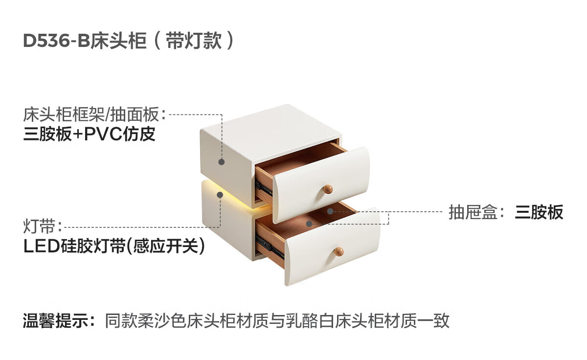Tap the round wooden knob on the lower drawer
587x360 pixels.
point(339,251)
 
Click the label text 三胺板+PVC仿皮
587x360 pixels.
point(90,134)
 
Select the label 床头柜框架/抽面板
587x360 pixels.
point(91,115)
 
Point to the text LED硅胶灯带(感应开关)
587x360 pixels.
point(114,246)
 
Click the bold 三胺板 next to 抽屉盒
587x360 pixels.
point(539,213)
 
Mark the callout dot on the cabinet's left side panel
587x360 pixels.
point(222,161)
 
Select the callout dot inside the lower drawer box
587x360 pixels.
point(309,224)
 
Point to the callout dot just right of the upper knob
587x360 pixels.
point(331,211)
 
